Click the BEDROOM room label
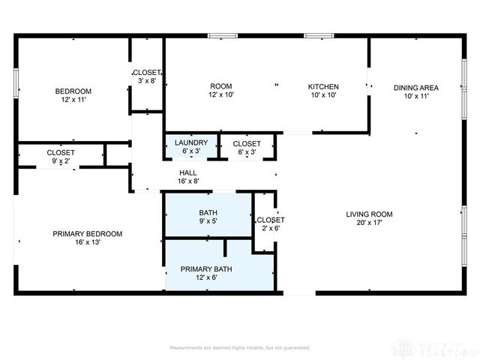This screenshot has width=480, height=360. click(73, 91)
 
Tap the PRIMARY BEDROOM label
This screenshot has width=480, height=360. click(87, 233)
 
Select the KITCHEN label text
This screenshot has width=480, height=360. click(323, 87)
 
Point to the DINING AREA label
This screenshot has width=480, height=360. click(416, 88)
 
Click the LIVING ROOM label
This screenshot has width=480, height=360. click(369, 214)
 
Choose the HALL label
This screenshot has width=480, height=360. click(188, 172)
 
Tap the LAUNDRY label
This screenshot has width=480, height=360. click(190, 142)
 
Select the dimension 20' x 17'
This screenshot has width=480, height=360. click(369, 223)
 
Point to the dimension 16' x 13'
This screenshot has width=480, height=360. click(87, 242)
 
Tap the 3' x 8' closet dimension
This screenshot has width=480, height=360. click(146, 81)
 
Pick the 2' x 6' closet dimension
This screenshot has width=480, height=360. click(271, 229)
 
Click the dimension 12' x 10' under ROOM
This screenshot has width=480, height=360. click(221, 96)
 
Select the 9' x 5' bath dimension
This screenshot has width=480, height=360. click(208, 222)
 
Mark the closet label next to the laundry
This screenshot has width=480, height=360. click(247, 143)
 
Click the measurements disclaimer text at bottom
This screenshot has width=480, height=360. click(240, 348)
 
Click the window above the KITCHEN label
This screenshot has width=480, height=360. click(319, 34)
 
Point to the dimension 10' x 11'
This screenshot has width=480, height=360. click(416, 97)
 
